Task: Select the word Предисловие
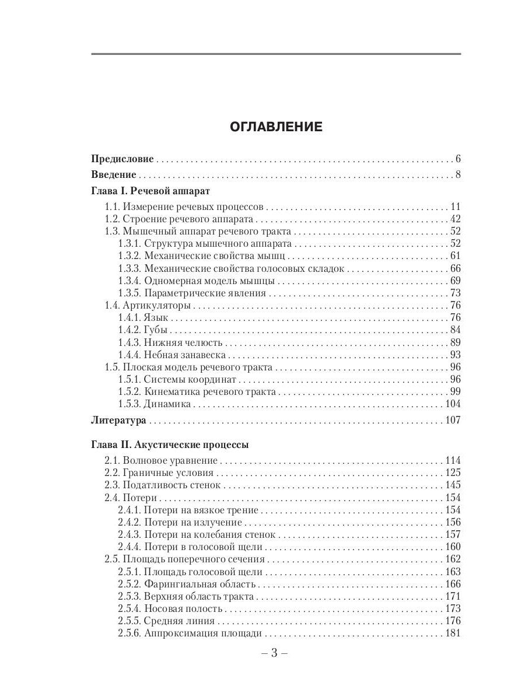123,159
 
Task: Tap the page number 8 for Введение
458,174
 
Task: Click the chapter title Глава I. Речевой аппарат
151,191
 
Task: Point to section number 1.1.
112,206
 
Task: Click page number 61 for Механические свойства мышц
456,256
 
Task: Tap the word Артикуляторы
156,306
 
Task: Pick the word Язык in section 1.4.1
156,318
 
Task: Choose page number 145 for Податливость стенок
453,485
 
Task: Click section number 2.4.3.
128,534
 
